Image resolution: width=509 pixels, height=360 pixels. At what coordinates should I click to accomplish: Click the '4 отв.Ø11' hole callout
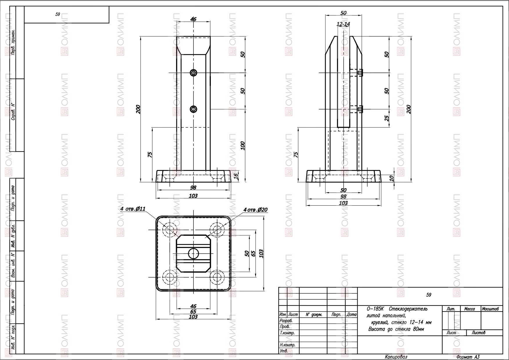pos(133,209)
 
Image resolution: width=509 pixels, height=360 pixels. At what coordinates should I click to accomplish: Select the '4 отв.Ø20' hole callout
pos(255,210)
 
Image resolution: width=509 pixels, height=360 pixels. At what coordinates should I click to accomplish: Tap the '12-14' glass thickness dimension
pos(343,24)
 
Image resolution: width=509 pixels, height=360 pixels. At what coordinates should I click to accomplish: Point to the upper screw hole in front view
pos(193,73)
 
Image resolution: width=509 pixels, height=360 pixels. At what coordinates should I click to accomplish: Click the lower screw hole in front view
pos(193,109)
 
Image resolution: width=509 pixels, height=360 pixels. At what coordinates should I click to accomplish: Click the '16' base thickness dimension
pos(236,176)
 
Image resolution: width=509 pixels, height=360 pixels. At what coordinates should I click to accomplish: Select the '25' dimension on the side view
pos(387,118)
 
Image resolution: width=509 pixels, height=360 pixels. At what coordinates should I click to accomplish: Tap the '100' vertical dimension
pos(243,146)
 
